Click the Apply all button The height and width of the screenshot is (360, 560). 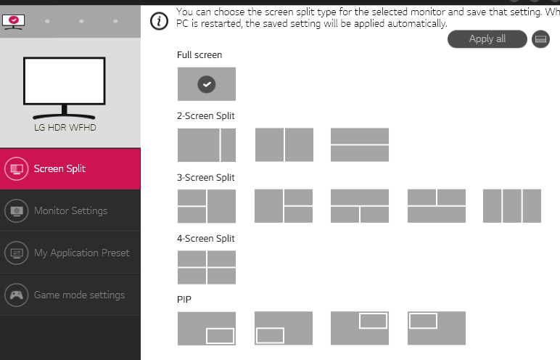487,39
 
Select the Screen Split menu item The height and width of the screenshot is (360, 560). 70,168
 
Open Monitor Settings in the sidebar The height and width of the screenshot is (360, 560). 70,210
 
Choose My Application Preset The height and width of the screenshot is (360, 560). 70,253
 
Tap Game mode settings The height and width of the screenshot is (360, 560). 70,295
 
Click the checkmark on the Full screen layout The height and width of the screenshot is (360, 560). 207,84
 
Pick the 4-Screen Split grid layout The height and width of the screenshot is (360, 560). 207,267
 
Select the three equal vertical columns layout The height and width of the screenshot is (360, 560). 512,206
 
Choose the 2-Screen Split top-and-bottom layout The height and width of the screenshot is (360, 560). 360,144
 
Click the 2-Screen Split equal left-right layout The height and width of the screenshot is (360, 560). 284,144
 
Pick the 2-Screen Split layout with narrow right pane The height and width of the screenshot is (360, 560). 207,144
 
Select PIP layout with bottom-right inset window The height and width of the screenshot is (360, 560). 207,328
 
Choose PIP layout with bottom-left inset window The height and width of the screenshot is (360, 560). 284,328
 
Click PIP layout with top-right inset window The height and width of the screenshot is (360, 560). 360,328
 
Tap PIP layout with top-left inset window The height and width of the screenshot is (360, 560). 437,328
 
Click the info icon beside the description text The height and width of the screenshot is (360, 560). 159,21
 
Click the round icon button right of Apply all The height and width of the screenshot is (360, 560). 540,39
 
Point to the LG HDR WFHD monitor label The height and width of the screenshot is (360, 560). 65,128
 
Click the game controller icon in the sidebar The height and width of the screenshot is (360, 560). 17,295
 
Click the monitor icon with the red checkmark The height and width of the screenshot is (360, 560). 14,22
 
